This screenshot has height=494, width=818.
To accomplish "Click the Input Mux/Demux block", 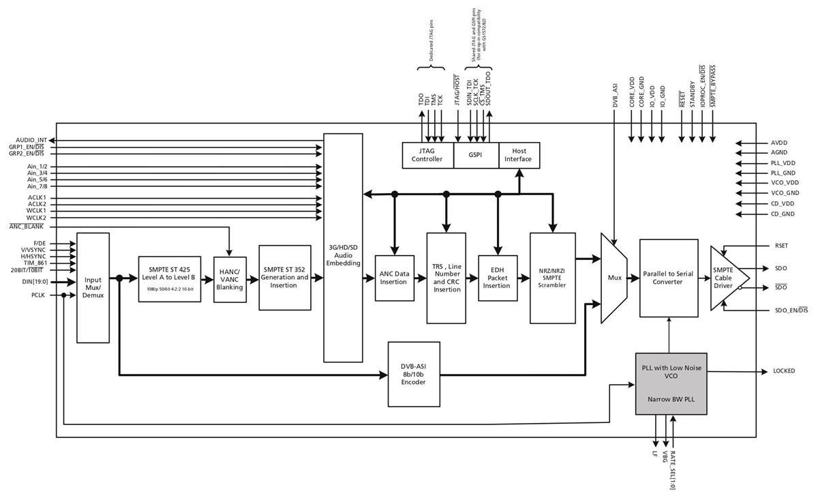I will coord(93,287).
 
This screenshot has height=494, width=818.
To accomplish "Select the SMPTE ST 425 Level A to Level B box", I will coord(169,279).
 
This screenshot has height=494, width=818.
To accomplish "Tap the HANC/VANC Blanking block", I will coord(229,279).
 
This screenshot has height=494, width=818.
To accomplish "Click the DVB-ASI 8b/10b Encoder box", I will coord(413,373).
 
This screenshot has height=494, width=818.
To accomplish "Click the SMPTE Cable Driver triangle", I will coord(726,278).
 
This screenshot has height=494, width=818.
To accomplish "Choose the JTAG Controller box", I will coord(428,155).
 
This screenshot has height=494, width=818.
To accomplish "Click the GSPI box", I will coord(476,155).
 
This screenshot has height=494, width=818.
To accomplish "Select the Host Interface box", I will coord(519,155).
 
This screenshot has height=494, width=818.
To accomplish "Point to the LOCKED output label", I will coord(783,371).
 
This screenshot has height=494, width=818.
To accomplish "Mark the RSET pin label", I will coord(781,246).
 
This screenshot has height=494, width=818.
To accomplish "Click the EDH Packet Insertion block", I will coord(496,278).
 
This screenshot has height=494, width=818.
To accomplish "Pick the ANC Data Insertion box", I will coord(394,278).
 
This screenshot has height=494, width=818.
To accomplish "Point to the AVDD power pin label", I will coord(779,143).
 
